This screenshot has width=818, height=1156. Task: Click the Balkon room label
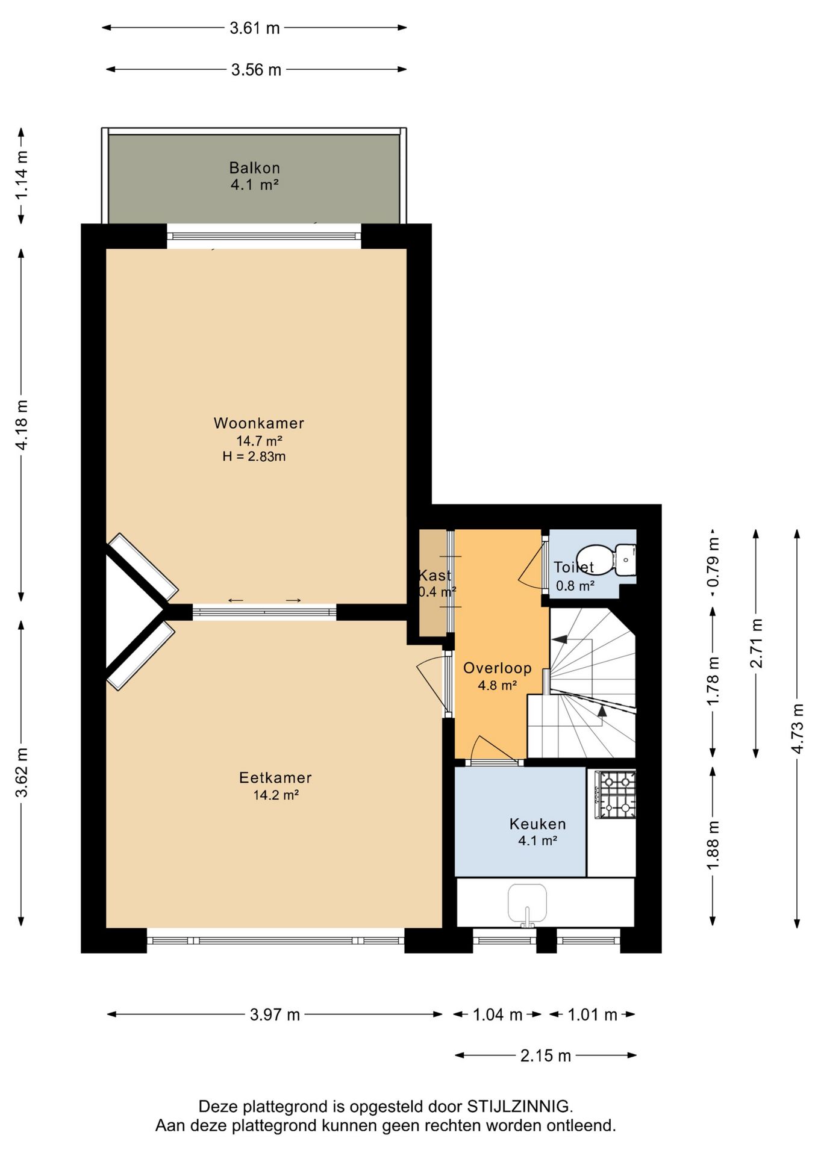[x=254, y=168]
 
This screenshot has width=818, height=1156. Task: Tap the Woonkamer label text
[x=259, y=423]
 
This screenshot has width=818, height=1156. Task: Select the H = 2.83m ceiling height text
[x=254, y=456]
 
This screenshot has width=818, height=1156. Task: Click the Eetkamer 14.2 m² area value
[x=276, y=795]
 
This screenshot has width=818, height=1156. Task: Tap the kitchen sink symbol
[x=527, y=903]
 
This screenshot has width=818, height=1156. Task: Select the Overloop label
[x=497, y=668]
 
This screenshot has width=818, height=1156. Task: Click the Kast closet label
[x=435, y=575]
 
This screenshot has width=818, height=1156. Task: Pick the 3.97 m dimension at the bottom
[x=275, y=1015]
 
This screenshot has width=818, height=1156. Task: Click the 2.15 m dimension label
[x=545, y=1055]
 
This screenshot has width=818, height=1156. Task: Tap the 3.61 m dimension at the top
[x=254, y=28]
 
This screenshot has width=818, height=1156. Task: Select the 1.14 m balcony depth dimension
[x=22, y=175]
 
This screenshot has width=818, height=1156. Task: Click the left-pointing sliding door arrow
[x=236, y=600]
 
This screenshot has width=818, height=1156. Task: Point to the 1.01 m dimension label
[x=592, y=1015]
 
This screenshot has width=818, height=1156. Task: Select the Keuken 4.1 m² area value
[x=537, y=841]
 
